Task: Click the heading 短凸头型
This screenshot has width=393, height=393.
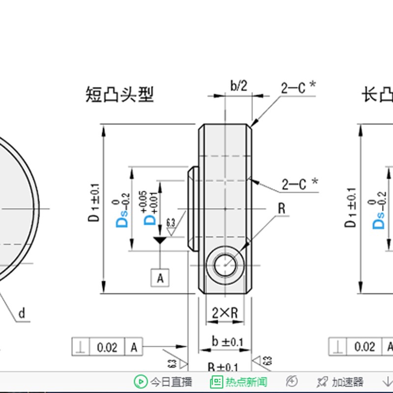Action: (x=119, y=94)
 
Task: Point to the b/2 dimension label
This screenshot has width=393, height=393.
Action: (x=239, y=86)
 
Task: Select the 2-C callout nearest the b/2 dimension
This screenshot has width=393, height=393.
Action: (x=298, y=88)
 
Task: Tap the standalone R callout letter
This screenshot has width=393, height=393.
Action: (x=281, y=208)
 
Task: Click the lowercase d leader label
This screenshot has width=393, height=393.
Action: (x=21, y=313)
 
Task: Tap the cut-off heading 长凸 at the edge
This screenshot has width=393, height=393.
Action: (x=377, y=94)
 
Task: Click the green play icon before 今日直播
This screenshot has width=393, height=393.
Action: (x=140, y=382)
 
